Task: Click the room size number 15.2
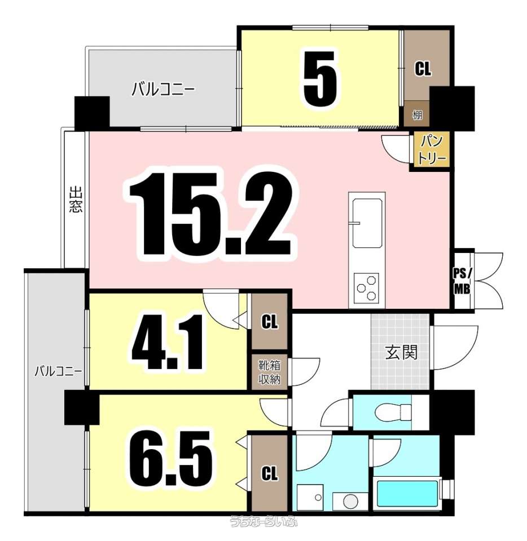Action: point(210,214)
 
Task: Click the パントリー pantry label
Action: point(431,150)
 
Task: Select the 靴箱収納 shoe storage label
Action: point(270,372)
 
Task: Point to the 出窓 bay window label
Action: point(76,199)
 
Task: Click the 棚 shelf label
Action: point(417,114)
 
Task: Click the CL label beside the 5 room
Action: point(423,69)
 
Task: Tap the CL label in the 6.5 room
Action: point(270,473)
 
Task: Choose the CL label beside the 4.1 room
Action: point(270,322)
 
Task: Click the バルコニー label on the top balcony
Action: point(164,90)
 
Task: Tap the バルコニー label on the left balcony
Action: point(58,371)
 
